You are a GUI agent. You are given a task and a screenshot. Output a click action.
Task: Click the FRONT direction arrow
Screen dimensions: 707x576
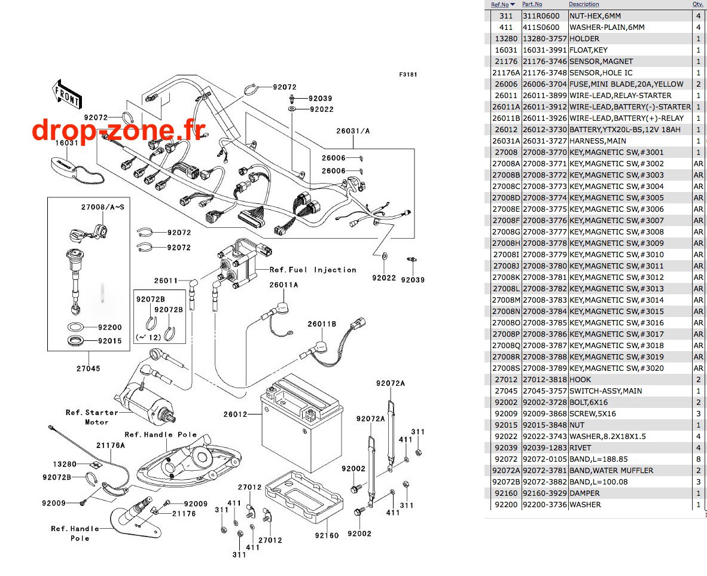[x=67, y=94]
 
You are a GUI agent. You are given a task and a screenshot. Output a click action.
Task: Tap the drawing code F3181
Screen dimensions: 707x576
[x=408, y=74]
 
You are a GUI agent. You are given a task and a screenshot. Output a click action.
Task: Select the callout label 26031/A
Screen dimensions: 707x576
[x=353, y=131]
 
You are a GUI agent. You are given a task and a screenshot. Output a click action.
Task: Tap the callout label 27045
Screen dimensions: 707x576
[x=89, y=368]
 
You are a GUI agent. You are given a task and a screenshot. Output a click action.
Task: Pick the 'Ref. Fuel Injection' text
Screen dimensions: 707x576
[x=313, y=270]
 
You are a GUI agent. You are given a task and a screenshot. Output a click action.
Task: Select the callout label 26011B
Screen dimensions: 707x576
[x=322, y=324]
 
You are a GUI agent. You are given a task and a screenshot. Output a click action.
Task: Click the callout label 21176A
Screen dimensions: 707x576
[x=111, y=445]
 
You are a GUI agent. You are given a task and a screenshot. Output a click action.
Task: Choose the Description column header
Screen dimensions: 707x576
[x=584, y=4]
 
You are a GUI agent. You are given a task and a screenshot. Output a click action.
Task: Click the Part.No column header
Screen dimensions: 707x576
[x=532, y=4]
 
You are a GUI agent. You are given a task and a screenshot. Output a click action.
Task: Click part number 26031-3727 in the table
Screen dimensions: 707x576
[x=545, y=141]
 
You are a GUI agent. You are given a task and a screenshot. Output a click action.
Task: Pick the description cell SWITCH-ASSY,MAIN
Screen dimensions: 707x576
[x=605, y=391]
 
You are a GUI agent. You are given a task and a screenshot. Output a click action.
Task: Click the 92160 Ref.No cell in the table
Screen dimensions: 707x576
[x=506, y=493]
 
